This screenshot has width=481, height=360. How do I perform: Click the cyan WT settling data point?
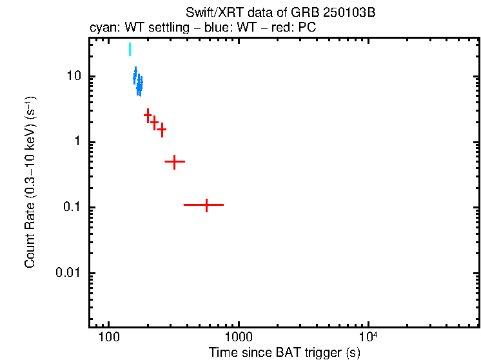coord(130,50)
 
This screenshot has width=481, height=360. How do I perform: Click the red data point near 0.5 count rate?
coord(174,161)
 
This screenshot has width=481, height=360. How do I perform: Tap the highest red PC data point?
coord(148,115)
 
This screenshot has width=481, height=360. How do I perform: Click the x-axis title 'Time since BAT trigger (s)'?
coord(284,352)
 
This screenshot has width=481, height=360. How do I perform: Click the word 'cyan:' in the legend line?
coord(101,29)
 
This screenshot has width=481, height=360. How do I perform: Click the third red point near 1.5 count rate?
coord(162,129)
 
